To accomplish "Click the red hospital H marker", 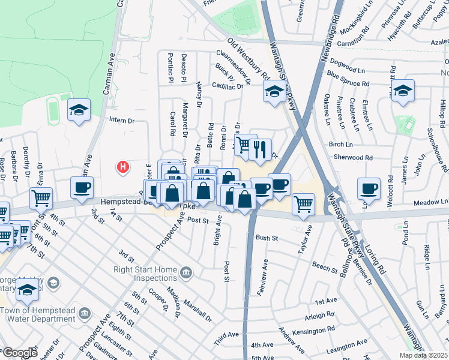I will pyautogui.click(x=123, y=166).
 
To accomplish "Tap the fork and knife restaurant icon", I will pyautogui.click(x=259, y=150).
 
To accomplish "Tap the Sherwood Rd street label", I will pyautogui.click(x=352, y=158).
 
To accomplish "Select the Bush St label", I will pyautogui.click(x=267, y=238).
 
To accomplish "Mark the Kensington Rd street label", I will pyautogui.click(x=314, y=330).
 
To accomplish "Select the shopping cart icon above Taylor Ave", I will pyautogui.click(x=303, y=203).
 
